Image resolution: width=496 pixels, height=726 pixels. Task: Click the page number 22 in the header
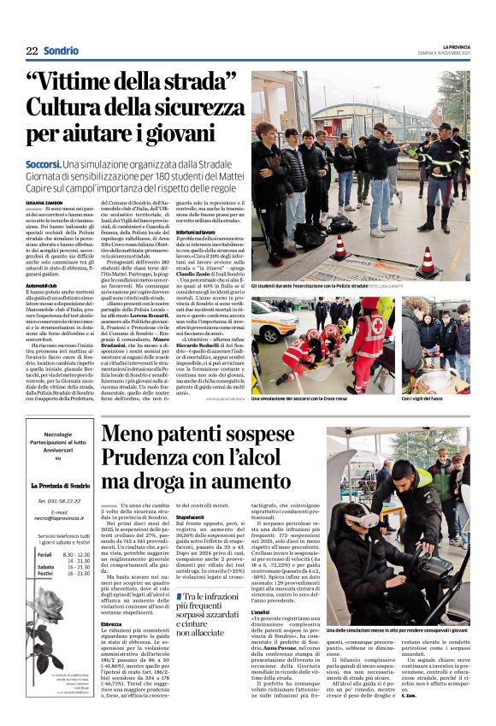click(32, 51)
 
